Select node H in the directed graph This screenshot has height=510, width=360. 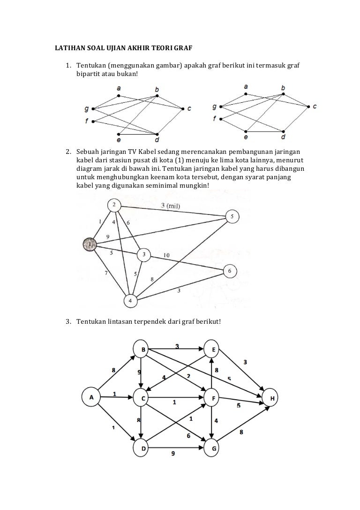(x=272, y=398)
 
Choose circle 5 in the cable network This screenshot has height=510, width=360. (x=232, y=216)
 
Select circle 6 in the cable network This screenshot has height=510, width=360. (x=230, y=271)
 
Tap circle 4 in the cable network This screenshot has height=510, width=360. (x=131, y=300)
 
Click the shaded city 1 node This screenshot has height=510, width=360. (x=89, y=244)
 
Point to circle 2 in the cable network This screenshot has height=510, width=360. (x=114, y=205)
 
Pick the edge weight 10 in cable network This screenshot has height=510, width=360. (x=166, y=255)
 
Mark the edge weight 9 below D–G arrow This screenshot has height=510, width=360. (x=173, y=454)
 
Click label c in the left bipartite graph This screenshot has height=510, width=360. (x=189, y=109)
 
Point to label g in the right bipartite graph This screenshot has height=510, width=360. (x=214, y=107)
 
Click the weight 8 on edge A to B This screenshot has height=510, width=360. (x=113, y=371)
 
